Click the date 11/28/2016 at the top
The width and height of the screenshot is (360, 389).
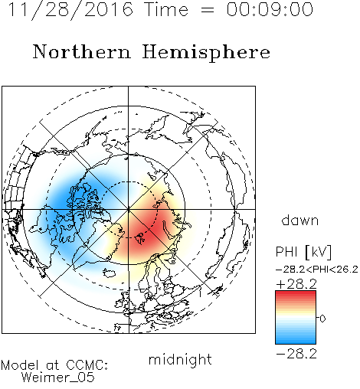point(70,10)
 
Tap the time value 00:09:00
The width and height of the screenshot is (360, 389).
point(270,9)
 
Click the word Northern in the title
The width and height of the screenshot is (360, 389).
point(82,51)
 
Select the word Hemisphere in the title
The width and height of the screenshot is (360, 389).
point(206,53)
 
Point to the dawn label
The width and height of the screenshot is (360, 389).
point(300,220)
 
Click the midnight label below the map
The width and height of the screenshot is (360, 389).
point(180,359)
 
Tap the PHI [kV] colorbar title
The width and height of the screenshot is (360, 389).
point(303,252)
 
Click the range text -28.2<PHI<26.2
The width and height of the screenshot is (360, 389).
point(316,270)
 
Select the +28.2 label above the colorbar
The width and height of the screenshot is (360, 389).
point(296,284)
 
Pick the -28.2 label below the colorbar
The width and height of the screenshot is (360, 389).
point(296,354)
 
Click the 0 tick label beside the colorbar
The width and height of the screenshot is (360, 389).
point(322,319)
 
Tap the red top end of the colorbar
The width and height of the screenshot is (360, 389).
point(296,293)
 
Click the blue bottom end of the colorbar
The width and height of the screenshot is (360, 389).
point(296,342)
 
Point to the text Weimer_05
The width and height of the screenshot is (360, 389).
point(58,378)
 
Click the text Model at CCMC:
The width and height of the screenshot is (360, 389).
point(54,365)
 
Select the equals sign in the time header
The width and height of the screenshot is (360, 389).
point(208,10)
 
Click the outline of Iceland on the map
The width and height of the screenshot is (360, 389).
point(110,273)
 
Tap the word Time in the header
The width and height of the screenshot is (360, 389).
point(166,9)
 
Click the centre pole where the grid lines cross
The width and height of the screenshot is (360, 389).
point(129,209)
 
